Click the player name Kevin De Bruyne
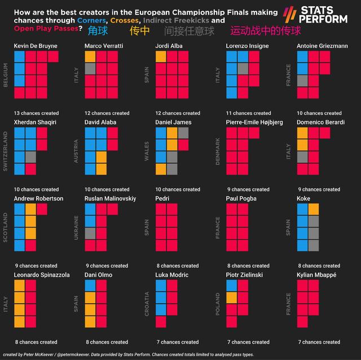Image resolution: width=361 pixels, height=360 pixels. pyautogui.click(x=35, y=46)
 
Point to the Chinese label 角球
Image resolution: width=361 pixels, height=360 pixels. pyautogui.click(x=98, y=31)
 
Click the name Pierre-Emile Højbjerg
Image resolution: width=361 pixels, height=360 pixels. pyautogui.click(x=254, y=122)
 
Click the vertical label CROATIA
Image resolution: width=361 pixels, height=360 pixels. pyautogui.click(x=148, y=304)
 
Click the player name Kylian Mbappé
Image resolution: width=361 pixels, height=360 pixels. pyautogui.click(x=317, y=275)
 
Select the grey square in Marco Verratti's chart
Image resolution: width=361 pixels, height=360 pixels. pyautogui.click(x=90, y=68)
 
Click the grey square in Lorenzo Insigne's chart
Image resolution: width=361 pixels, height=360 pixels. pyautogui.click(x=243, y=68)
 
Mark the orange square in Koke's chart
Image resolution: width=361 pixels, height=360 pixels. pyautogui.click(x=314, y=209)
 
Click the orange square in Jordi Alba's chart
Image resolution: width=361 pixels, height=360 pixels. pyautogui.click(x=161, y=56)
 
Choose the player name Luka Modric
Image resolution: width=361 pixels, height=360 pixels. pyautogui.click(x=174, y=275)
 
